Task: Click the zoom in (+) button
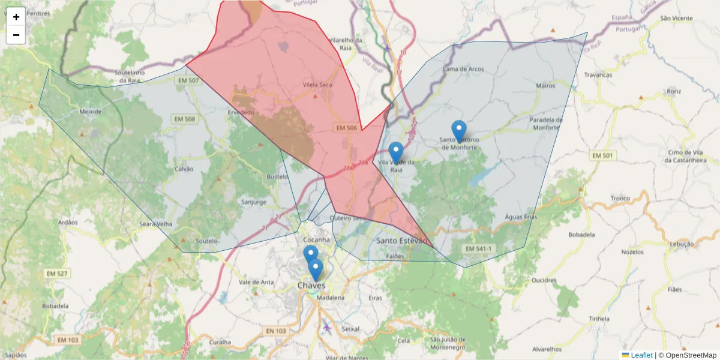pyautogui.click(x=16, y=17)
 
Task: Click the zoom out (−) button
pyautogui.click(x=16, y=35)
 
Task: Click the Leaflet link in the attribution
pyautogui.click(x=641, y=355)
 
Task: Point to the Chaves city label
pyautogui.click(x=311, y=286)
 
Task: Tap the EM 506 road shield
pyautogui.click(x=347, y=128)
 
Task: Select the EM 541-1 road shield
pyautogui.click(x=478, y=248)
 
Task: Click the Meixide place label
pyautogui.click(x=91, y=112)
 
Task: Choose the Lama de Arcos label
pyautogui.click(x=463, y=69)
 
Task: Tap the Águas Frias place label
pyautogui.click(x=521, y=217)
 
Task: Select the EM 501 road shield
pyautogui.click(x=603, y=156)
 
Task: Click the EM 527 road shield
pyautogui.click(x=58, y=274)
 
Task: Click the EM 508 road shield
pyautogui.click(x=185, y=119)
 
